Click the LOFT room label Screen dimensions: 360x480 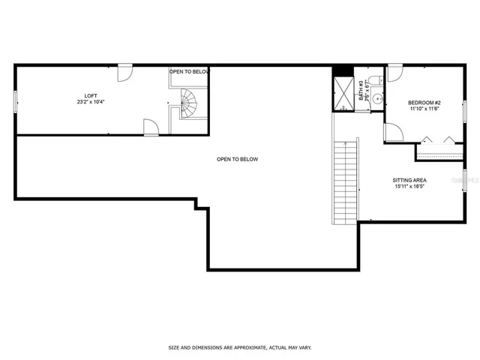click(91, 95)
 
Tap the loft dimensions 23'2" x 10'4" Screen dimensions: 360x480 click(91, 102)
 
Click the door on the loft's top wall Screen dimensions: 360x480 click(125, 72)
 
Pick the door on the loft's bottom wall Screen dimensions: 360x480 click(151, 128)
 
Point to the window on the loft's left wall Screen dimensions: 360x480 click(15, 101)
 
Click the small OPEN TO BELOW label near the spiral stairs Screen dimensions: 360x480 click(189, 71)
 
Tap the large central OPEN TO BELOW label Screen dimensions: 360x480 click(237, 159)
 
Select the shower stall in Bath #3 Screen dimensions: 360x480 click(343, 94)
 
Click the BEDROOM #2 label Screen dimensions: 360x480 click(424, 102)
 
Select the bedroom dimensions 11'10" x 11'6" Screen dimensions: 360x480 click(424, 109)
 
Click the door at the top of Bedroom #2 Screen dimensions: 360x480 click(394, 73)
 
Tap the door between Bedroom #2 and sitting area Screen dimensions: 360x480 click(393, 133)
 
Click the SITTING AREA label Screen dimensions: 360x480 click(410, 180)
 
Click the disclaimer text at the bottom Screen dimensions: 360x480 click(239, 347)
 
